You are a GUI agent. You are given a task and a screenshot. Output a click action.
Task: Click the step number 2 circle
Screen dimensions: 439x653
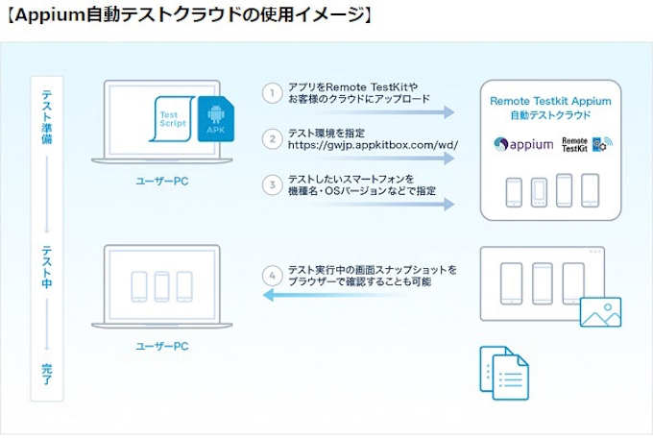click(273, 139)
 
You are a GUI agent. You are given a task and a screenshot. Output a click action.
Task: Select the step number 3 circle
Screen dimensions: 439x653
click(273, 184)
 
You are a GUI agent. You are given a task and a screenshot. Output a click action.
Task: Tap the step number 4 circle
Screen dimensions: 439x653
click(273, 276)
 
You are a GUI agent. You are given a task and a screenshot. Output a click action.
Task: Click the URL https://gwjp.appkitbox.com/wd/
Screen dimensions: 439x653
click(374, 146)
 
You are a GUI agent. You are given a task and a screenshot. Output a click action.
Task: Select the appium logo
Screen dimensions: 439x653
click(523, 144)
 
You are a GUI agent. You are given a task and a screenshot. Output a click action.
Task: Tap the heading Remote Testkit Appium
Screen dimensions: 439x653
click(550, 100)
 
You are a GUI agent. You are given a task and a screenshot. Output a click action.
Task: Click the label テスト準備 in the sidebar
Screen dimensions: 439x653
click(46, 114)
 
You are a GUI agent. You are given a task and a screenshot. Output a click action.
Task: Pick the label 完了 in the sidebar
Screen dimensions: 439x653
click(46, 375)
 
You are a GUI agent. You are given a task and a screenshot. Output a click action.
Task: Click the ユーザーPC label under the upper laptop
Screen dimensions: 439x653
click(162, 181)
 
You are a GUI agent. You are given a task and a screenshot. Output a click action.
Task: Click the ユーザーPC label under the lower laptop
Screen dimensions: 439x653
click(162, 342)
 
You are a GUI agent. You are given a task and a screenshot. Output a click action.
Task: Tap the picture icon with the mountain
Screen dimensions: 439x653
click(600, 311)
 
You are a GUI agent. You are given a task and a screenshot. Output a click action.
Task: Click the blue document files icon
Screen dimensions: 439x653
click(503, 370)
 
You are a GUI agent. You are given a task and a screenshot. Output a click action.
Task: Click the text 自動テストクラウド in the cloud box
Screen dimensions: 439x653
click(550, 115)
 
